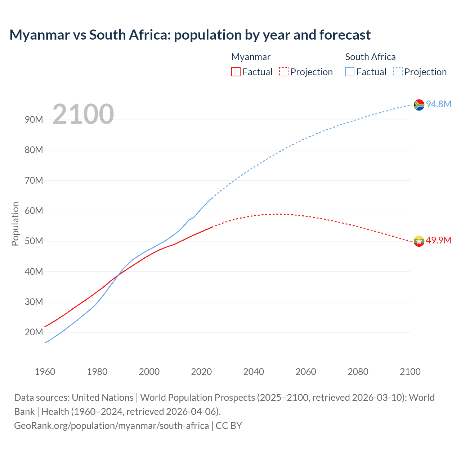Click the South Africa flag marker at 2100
419,105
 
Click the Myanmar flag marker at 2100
419,241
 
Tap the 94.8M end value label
439,104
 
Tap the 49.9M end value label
439,240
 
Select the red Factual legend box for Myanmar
236,72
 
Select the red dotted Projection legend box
284,72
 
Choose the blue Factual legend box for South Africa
350,72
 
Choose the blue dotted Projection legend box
398,72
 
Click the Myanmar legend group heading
251,57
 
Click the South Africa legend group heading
370,57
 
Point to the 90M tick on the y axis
34,120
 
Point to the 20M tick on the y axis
34,332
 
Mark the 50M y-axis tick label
34,241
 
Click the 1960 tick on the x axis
45,372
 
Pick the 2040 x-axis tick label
254,372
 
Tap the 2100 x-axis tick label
410,372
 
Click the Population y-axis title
15,224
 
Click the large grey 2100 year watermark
83,114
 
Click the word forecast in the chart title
345,35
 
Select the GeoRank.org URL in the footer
111,425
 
